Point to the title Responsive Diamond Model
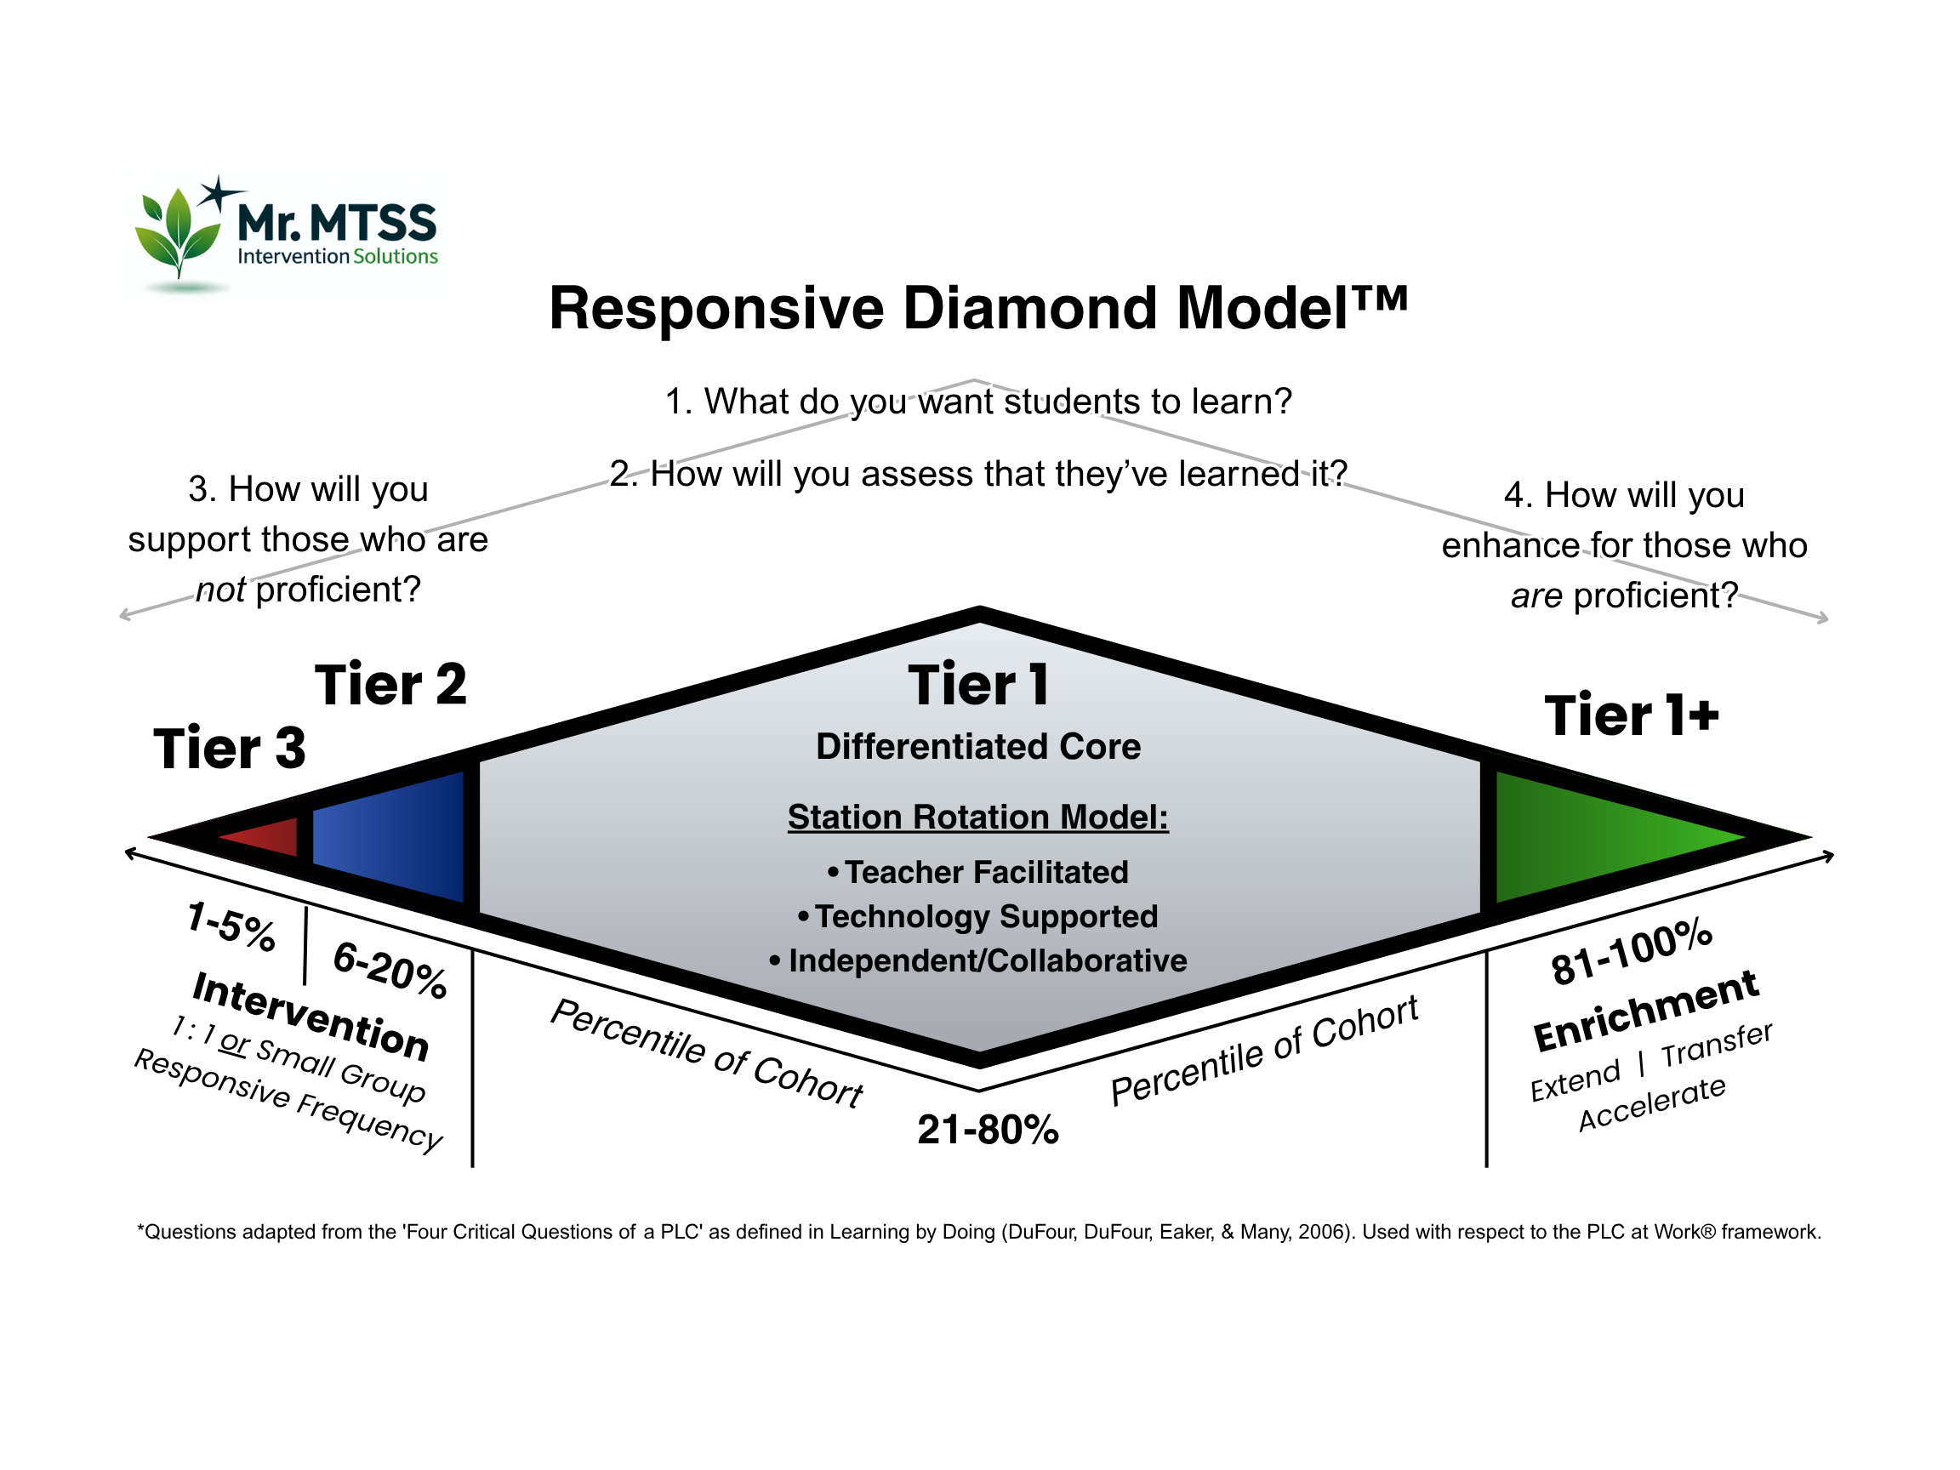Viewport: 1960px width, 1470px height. coord(978,308)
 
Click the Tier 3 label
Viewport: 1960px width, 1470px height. coord(230,748)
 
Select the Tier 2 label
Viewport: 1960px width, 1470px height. coord(390,685)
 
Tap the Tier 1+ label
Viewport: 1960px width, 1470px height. coord(1632,715)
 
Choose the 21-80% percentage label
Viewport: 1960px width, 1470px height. coord(988,1130)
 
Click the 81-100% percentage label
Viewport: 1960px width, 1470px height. coord(1632,952)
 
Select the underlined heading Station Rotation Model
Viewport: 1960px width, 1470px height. coord(978,817)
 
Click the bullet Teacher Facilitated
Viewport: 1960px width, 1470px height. coord(978,872)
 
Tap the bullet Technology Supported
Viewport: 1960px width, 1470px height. coord(978,916)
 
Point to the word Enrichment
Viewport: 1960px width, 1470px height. coord(1646,1011)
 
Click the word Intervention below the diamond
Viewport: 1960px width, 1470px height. coord(311,1016)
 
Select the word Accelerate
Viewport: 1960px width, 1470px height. coord(1653,1103)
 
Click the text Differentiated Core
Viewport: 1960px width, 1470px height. coord(978,747)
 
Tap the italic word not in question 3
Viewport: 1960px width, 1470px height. coord(220,590)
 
